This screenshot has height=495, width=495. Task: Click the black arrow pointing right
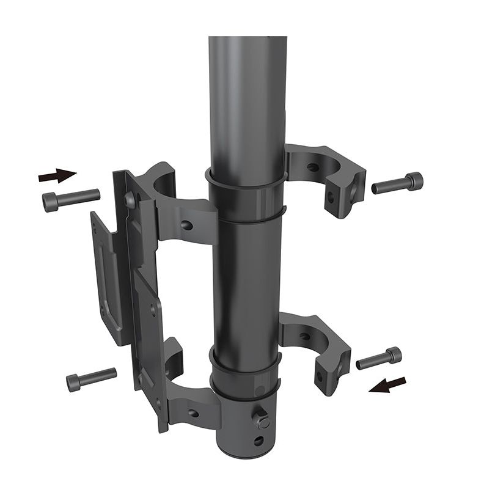[x=57, y=176]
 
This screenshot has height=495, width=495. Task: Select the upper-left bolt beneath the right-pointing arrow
[x=71, y=199]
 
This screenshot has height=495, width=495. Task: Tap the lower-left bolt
[x=91, y=379]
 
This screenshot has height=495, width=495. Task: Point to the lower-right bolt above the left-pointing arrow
[x=379, y=358]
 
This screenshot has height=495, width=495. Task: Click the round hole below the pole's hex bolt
[x=259, y=440]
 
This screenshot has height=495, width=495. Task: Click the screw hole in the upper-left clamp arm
[x=187, y=225]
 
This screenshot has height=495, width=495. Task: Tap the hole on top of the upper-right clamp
[x=312, y=166]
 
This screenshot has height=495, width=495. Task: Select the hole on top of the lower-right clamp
[x=304, y=335]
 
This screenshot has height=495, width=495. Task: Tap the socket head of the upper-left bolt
[x=50, y=202]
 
